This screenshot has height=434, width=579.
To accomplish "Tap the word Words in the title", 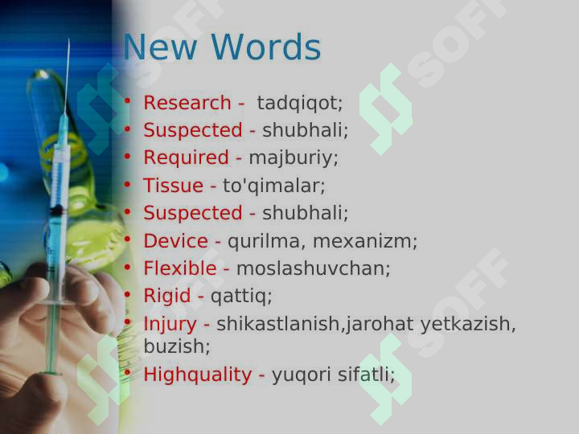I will pos(269,47).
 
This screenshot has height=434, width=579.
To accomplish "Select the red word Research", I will pos(187,103).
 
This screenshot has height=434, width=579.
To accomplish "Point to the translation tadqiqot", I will pos(300,104).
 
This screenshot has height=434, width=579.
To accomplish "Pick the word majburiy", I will pos(293,158).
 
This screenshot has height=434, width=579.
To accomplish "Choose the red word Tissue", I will pos(173,186).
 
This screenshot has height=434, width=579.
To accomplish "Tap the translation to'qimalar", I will pos(273,186).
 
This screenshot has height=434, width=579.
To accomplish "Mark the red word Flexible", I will pos(180,268).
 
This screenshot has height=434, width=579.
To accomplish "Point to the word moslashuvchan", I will pos(313,268).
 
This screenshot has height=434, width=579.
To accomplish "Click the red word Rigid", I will pos(166,296).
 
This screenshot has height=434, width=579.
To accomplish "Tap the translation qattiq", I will pos(241,296).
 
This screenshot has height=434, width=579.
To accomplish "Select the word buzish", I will pos(176,346).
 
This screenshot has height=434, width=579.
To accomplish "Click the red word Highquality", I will pos(197,375).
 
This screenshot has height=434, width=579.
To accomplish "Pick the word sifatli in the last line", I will pos(367,375).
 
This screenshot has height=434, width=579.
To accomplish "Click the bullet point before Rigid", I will pos(127,294).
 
